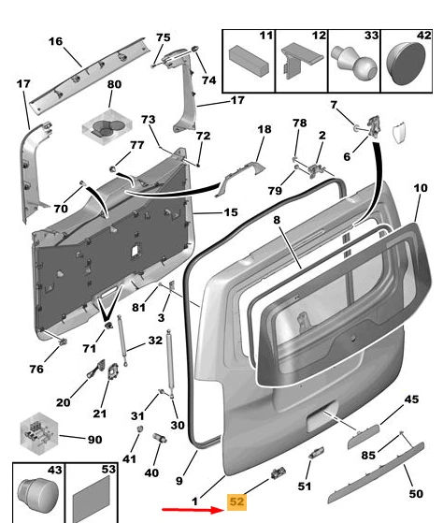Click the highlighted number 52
click(236, 501)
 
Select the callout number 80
click(114, 84)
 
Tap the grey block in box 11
click(249, 60)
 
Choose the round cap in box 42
click(406, 64)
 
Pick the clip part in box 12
click(300, 59)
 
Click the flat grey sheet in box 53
click(92, 500)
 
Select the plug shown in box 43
click(37, 495)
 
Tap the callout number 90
click(94, 440)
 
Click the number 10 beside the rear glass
click(421, 188)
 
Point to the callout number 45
click(411, 400)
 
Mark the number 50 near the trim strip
click(416, 494)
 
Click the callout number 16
click(55, 41)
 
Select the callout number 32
click(155, 341)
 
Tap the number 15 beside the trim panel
click(231, 212)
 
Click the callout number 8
click(278, 220)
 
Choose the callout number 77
click(136, 145)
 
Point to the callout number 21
click(100, 414)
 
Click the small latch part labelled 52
click(279, 473)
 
